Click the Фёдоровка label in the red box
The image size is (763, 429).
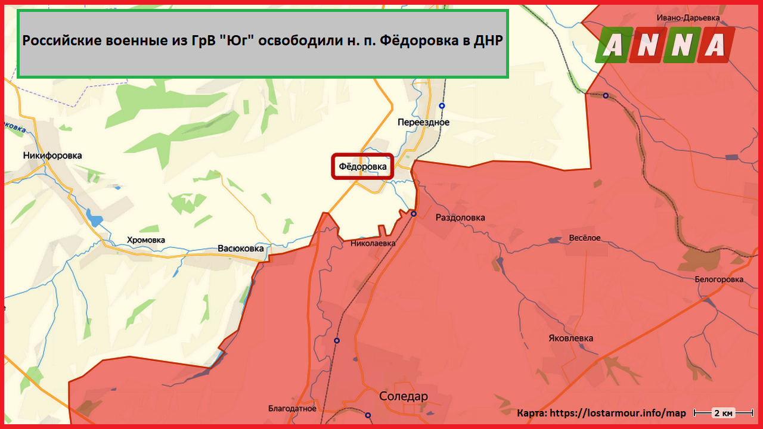pyautogui.click(x=362, y=167)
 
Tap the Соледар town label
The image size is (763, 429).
pyautogui.click(x=404, y=396)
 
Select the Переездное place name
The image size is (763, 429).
pyautogui.click(x=423, y=122)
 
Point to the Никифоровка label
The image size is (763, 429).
pyautogui.click(x=52, y=156)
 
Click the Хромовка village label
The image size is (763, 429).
pyautogui.click(x=146, y=240)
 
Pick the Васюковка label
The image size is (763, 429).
pyautogui.click(x=240, y=248)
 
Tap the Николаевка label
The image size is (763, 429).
pyautogui.click(x=373, y=243)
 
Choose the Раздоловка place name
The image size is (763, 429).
pyautogui.click(x=460, y=217)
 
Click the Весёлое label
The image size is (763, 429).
pyautogui.click(x=584, y=238)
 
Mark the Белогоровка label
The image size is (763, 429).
pyautogui.click(x=719, y=279)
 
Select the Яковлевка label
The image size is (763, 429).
pyautogui.click(x=570, y=338)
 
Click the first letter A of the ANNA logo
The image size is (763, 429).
pyautogui.click(x=614, y=45)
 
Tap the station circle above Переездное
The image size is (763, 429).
pyautogui.click(x=442, y=105)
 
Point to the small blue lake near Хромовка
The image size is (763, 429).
pyautogui.click(x=93, y=217)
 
